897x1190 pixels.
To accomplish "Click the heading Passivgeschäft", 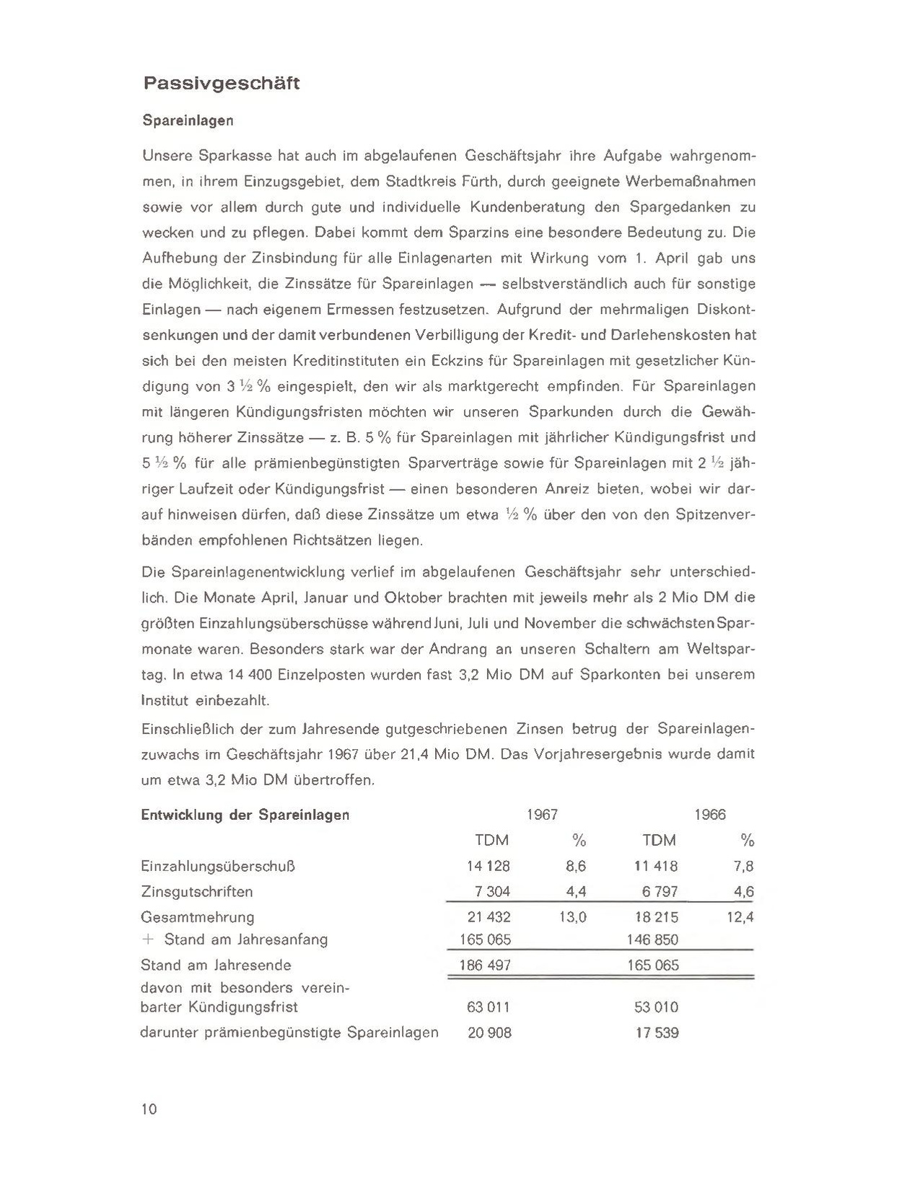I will point(221,84).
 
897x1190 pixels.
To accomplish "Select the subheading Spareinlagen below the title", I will point(188,121).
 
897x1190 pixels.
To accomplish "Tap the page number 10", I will point(149,1109).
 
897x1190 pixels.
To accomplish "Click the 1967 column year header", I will point(542,815).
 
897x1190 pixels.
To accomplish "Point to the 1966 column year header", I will point(710,815).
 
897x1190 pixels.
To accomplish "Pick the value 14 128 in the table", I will point(489,866).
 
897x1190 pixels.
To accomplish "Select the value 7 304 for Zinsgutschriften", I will point(492,891).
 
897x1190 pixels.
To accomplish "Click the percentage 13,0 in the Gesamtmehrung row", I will point(572,917).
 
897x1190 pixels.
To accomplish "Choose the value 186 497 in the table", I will point(485,965).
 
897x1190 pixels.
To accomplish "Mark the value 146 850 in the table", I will point(653,940).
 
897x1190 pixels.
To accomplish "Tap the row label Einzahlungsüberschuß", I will point(218,866).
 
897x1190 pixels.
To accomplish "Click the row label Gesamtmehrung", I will point(198,917).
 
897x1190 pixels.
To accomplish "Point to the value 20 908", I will point(489,1033).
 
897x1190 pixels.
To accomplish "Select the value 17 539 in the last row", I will point(657,1033).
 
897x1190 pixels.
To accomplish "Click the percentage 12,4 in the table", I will point(740,917).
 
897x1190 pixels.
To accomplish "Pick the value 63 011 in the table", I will point(489,1007).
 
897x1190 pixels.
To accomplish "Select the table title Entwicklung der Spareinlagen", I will point(245,815).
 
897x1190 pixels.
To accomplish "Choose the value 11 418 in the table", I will point(656,866).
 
